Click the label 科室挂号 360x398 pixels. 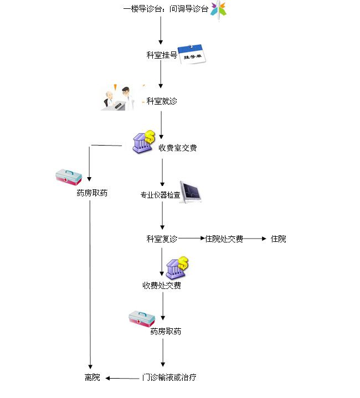pyautogui.click(x=162, y=55)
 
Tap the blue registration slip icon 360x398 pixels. pyautogui.click(x=192, y=54)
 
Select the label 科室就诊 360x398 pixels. pyautogui.click(x=162, y=101)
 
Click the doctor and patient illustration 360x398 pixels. pyautogui.click(x=117, y=99)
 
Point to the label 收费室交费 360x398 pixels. pyautogui.click(x=177, y=148)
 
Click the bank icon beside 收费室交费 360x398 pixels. pyautogui.click(x=143, y=142)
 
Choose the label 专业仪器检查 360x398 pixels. pyautogui.click(x=160, y=195)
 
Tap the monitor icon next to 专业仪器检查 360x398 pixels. pyautogui.click(x=191, y=192)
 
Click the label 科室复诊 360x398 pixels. pyautogui.click(x=162, y=239)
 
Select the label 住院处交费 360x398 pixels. pyautogui.click(x=224, y=239)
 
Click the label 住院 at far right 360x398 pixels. pyautogui.click(x=278, y=239)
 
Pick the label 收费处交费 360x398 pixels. pyautogui.click(x=162, y=286)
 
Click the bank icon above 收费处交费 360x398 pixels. pyautogui.click(x=177, y=268)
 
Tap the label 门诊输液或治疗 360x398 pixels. pyautogui.click(x=169, y=378)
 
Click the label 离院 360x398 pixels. pyautogui.click(x=92, y=378)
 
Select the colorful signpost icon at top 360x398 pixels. pyautogui.click(x=218, y=10)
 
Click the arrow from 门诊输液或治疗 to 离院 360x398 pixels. pyautogui.click(x=122, y=378)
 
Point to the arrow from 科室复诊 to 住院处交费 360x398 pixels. pyautogui.click(x=192, y=239)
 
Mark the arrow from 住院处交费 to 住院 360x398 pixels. pyautogui.click(x=255, y=239)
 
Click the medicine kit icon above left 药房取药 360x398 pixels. pyautogui.click(x=69, y=177)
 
